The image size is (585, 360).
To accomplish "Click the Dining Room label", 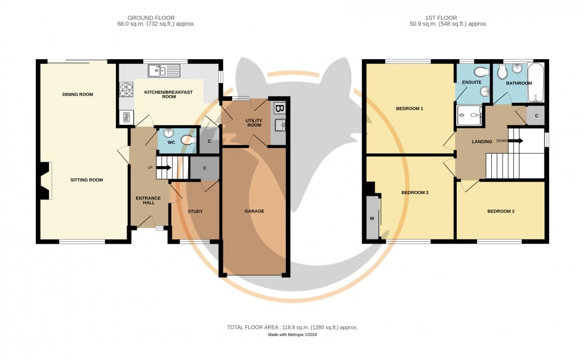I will coord(78,94).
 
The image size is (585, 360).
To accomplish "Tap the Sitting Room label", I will coord(87,180).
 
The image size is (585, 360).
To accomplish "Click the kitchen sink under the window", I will coord(165,71).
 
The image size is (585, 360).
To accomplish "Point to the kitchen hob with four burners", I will coord(126,90).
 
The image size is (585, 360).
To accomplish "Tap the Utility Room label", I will coord(238,122).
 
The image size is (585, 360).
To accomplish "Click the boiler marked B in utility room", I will coord(279,109).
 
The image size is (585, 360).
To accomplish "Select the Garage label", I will coord(254,211).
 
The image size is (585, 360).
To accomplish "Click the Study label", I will coord(195,211).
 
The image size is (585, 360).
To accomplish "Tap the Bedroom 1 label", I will coord(410,109).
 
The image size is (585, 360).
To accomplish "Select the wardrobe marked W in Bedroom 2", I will coord(372,218).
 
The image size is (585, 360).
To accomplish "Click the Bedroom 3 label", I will coord(500,211).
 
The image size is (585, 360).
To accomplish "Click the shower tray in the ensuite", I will coord(469,115).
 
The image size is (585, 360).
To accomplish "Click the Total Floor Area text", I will coord(292,327).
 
